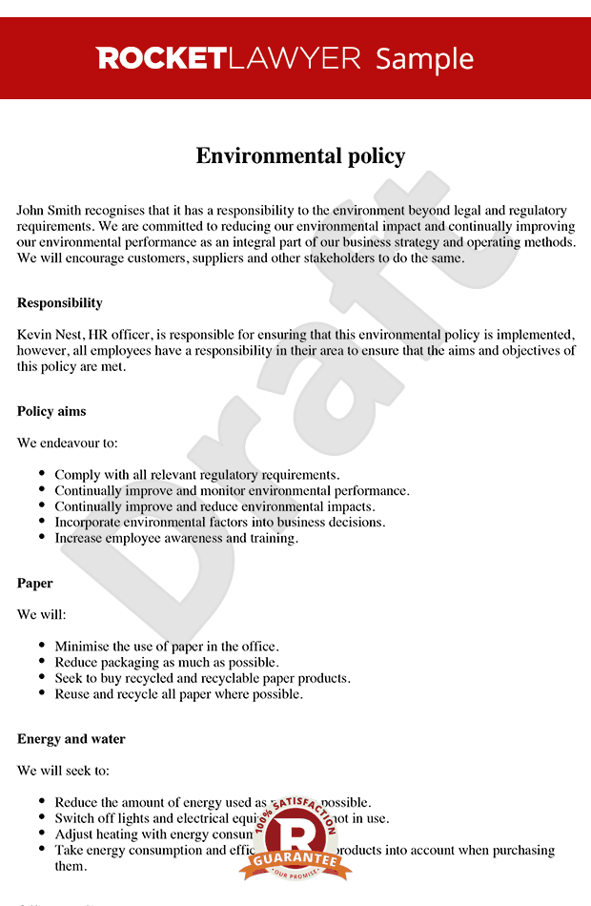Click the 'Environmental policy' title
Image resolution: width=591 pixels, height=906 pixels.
point(300,155)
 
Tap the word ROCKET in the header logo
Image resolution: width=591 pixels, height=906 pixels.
point(160,58)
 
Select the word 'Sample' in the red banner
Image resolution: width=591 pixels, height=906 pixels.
point(424,58)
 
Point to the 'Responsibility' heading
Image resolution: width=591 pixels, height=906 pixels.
point(59,303)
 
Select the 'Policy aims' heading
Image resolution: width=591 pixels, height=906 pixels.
point(51,412)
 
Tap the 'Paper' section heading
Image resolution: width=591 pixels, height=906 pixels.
point(35,584)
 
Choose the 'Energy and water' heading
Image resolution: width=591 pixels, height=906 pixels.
point(71,739)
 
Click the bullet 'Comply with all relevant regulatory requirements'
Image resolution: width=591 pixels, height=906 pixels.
point(196,475)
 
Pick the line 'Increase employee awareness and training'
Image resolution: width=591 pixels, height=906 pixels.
point(176,538)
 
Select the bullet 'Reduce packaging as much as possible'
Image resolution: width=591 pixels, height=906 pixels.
point(167,662)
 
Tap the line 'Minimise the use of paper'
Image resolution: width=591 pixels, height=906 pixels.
point(167,647)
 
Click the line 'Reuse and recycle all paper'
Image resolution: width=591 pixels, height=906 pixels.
point(178,694)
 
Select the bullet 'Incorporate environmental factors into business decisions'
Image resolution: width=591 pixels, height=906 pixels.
point(219,523)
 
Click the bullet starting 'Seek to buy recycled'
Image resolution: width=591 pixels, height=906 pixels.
point(202,678)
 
